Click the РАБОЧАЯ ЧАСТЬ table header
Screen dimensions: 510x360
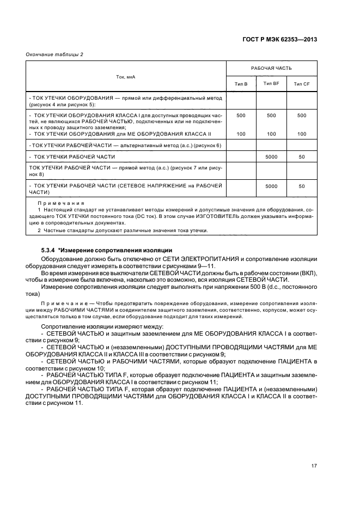point(271,69)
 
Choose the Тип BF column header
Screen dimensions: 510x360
point(271,83)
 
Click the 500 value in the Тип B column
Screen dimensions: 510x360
point(241,116)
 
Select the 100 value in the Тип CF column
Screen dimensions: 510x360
point(301,133)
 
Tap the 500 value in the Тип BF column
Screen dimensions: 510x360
point(271,116)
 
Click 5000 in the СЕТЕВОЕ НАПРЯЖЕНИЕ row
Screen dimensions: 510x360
point(271,186)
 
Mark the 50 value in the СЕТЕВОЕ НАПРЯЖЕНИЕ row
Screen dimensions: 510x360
point(301,186)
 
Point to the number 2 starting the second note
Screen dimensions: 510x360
point(39,230)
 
